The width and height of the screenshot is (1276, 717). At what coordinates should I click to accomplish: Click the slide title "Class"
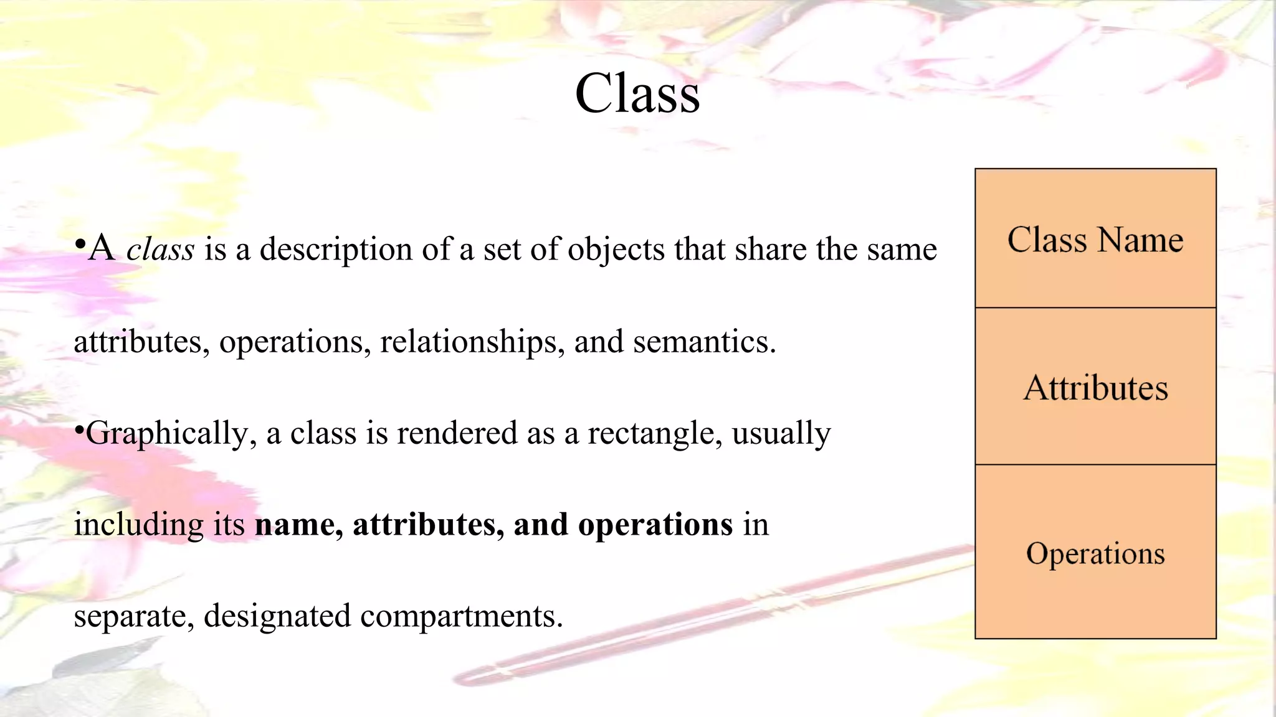[637, 94]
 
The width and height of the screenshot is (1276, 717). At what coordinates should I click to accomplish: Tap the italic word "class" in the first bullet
[160, 250]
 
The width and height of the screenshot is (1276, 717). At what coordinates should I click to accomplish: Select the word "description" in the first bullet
[336, 250]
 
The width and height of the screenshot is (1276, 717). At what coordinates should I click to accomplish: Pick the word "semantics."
[705, 342]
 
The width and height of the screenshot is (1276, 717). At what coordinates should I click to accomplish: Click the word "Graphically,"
[167, 434]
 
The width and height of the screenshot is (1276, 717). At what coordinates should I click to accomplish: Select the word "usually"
[781, 434]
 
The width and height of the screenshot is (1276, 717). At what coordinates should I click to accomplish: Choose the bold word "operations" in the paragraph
[655, 525]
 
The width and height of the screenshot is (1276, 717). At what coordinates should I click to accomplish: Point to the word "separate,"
[134, 616]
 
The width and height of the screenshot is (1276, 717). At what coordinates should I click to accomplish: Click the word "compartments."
[462, 616]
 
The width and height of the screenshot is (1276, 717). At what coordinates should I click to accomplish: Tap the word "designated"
[277, 616]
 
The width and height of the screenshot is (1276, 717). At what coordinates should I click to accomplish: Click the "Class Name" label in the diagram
[1095, 240]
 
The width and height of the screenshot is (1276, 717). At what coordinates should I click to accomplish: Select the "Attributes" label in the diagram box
[1095, 388]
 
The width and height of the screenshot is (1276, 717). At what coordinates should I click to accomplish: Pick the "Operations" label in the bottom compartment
[1095, 553]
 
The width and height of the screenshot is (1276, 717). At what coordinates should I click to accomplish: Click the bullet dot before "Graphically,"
[79, 429]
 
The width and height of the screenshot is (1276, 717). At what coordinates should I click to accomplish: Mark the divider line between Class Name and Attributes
[1095, 307]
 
